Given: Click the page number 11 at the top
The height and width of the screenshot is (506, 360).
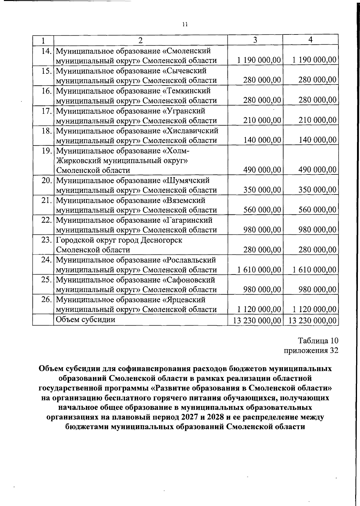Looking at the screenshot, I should (x=185, y=25).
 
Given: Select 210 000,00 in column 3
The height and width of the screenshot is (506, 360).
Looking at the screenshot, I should (x=262, y=121).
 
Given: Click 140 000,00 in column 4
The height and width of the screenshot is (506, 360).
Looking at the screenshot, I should (x=317, y=140).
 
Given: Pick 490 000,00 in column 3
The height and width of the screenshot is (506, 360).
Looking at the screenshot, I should (x=262, y=170).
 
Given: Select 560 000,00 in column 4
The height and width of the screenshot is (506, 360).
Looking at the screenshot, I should (x=317, y=210).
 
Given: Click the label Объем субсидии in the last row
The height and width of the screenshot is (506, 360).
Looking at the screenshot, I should (x=86, y=320).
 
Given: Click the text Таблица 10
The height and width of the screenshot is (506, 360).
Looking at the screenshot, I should (x=318, y=341).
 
